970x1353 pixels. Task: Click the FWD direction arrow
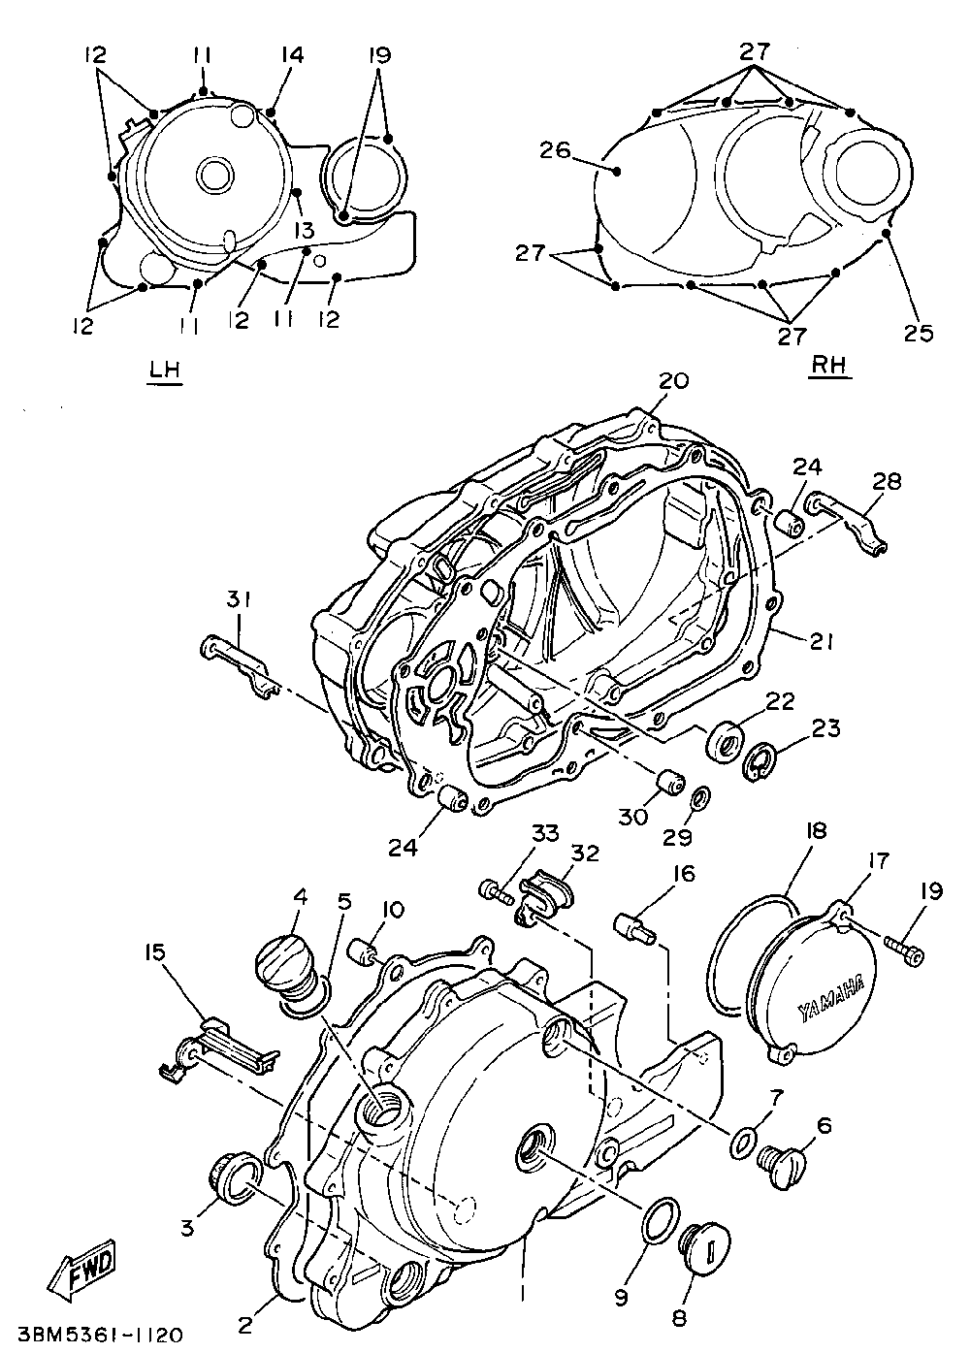[85, 1267]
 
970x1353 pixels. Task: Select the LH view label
[165, 370]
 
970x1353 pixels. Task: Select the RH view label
[829, 365]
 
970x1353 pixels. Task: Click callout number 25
[919, 333]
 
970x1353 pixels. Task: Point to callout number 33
[545, 833]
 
